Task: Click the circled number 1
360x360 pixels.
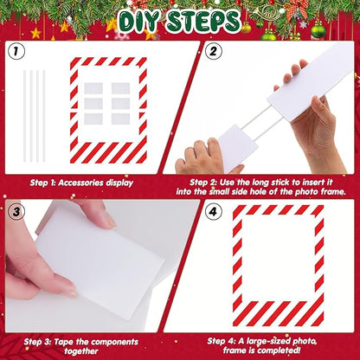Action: coord(16,52)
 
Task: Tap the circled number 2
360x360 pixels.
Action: coord(214,51)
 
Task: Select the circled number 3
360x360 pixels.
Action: coord(16,212)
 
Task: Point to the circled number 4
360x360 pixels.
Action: coord(213,212)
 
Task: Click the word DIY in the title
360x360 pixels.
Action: coord(138,22)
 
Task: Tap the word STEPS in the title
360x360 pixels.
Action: coord(203,21)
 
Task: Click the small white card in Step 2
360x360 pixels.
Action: coord(236,145)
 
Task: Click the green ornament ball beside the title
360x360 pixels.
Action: coord(318,30)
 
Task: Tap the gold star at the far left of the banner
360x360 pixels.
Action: coord(35,33)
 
